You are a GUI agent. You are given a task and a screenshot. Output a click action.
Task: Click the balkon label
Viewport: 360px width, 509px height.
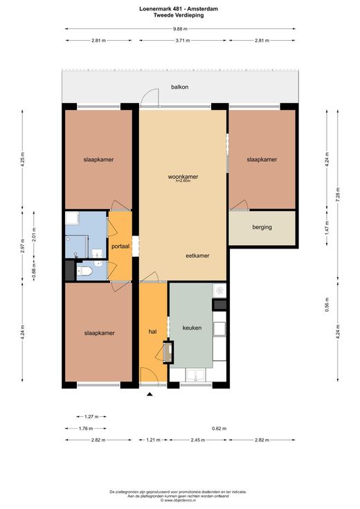(179, 87)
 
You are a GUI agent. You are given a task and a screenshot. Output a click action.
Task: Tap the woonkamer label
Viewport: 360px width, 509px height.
(183, 177)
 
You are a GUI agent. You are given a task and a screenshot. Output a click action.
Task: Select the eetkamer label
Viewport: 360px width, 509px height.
(197, 256)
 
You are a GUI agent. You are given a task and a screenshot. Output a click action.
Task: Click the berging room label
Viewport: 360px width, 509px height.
(262, 227)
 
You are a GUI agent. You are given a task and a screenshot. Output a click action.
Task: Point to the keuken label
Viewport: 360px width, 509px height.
(192, 328)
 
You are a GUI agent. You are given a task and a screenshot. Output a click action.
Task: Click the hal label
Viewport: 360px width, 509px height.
(152, 332)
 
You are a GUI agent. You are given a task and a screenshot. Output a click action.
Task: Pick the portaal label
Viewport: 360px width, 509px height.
(120, 247)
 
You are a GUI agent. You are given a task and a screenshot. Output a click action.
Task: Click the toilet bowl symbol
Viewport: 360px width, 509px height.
(85, 271)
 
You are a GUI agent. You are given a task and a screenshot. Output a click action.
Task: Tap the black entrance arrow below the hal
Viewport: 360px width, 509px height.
(150, 395)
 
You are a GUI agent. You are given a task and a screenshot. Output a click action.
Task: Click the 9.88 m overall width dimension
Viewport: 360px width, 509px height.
(180, 29)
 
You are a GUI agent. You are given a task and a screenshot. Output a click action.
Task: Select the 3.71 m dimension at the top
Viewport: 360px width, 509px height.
(183, 41)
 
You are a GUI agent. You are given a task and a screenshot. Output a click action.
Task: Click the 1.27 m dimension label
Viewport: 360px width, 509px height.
(91, 416)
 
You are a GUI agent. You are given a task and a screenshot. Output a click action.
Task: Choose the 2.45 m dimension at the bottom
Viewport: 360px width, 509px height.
(198, 440)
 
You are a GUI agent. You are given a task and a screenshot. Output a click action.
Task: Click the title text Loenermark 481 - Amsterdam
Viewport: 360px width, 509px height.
(179, 9)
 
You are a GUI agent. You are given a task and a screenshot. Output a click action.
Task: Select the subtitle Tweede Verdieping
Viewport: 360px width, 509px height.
(179, 15)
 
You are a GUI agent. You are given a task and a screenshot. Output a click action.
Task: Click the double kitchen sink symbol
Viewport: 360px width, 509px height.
(195, 375)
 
